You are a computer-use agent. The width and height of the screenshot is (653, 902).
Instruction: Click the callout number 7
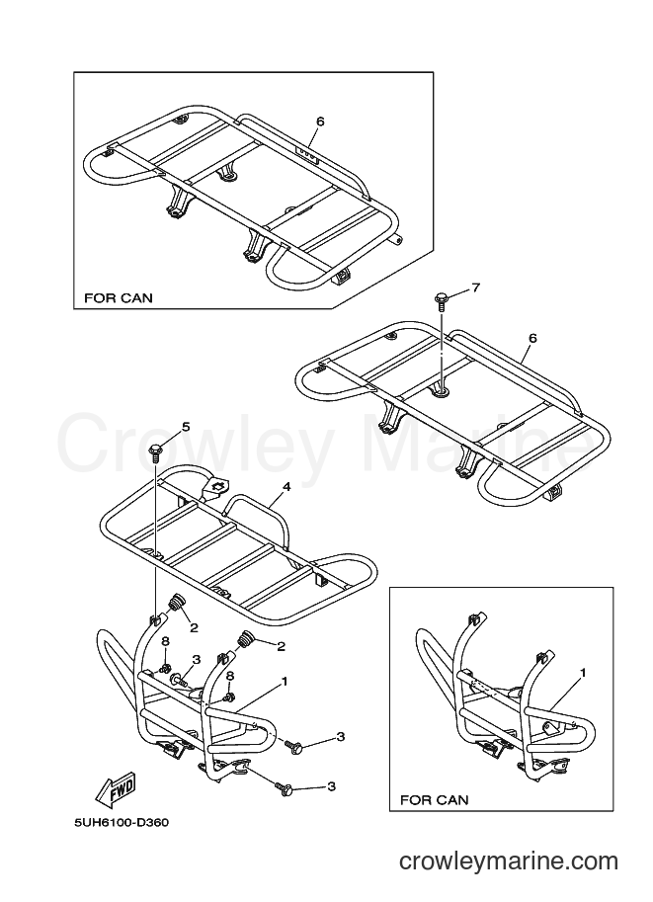point(475,288)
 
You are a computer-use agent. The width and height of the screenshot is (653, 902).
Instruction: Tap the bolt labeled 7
point(442,301)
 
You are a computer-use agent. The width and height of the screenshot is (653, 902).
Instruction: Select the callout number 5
point(186,426)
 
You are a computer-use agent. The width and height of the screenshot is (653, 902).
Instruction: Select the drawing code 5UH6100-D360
point(122,823)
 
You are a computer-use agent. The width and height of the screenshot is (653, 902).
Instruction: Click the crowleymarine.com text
point(509,861)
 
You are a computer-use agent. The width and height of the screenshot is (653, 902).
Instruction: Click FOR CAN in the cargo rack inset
point(119,298)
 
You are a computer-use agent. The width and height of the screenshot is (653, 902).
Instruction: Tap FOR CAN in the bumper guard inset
point(434,799)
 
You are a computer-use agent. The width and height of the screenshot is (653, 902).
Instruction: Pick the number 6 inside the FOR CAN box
point(320,122)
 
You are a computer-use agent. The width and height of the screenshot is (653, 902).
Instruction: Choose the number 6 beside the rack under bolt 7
point(532,338)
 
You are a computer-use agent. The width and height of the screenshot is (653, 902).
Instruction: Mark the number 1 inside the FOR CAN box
point(582,672)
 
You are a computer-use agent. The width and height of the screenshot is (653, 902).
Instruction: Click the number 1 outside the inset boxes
point(284,682)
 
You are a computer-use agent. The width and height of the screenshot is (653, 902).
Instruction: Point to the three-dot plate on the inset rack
point(306,155)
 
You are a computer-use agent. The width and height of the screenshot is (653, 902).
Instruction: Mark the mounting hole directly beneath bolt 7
point(442,391)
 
